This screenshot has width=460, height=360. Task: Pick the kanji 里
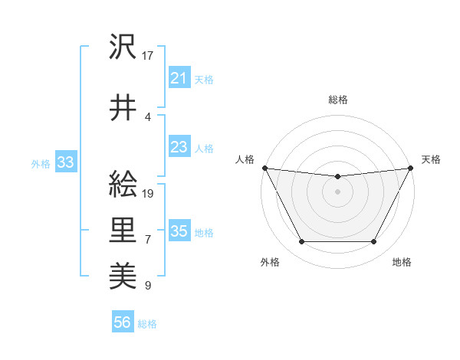coord(123,228)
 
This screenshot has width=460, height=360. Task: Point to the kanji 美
coord(123,273)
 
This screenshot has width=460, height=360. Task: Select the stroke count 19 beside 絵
coord(149,193)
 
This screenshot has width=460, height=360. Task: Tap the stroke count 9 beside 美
coord(148,286)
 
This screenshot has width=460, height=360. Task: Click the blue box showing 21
coord(179,78)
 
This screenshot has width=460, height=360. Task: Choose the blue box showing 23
coord(179,147)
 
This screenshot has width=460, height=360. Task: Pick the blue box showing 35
coord(179,231)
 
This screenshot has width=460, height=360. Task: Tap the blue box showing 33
coord(65,162)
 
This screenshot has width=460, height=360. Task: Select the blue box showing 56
coord(122,323)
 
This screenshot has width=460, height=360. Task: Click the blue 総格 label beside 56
coord(147,324)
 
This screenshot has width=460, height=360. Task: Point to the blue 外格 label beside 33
coord(41,163)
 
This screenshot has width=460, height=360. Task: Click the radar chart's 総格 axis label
coord(337,100)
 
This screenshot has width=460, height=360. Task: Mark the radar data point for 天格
coord(411,168)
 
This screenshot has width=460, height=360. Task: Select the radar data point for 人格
coord(264,168)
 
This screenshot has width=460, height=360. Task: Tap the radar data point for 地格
coord(373,242)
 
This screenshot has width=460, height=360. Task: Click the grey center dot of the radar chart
coord(337,191)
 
